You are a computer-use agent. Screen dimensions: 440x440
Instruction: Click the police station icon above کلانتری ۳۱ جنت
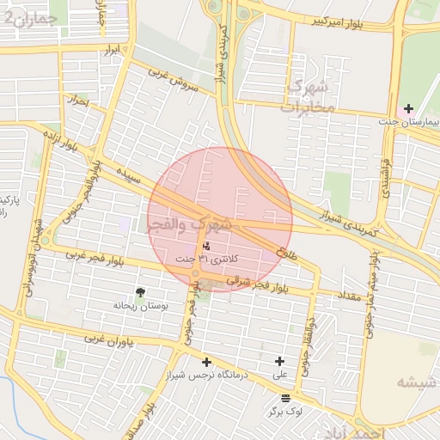(x=205, y=247)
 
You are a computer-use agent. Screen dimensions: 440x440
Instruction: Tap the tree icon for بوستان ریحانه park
(x=141, y=293)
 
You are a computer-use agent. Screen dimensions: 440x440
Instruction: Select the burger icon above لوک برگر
(x=285, y=399)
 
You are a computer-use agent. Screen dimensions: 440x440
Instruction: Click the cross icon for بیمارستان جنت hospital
(x=408, y=108)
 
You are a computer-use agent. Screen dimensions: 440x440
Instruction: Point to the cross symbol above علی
(x=279, y=362)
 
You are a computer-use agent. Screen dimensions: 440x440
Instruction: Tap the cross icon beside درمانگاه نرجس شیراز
(x=206, y=362)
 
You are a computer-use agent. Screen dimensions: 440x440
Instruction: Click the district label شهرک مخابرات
(x=307, y=97)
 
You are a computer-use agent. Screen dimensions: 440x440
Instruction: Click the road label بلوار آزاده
(x=76, y=147)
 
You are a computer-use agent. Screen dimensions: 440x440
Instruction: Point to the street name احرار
(x=80, y=101)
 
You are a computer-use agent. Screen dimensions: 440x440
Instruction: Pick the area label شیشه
(x=419, y=381)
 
